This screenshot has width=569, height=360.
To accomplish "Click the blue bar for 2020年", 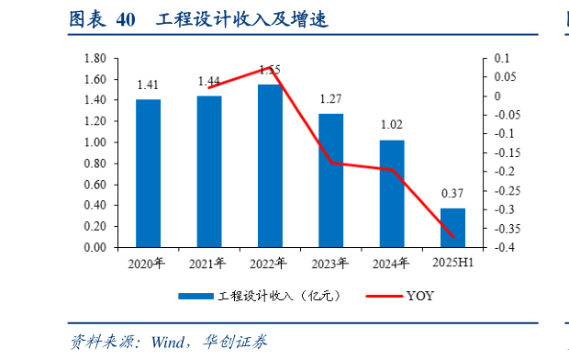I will [x=148, y=173].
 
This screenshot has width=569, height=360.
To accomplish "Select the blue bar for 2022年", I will [x=270, y=165].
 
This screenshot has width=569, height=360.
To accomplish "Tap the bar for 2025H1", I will [x=452, y=228].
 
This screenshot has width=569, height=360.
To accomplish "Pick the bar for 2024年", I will [x=392, y=194].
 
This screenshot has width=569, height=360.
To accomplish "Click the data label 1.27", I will [x=330, y=99].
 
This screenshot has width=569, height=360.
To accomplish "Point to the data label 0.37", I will [x=452, y=194].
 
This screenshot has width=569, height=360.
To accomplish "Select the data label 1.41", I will [x=148, y=84].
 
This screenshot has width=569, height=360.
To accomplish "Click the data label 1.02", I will [x=392, y=126].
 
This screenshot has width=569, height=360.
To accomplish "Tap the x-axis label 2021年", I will [x=208, y=264].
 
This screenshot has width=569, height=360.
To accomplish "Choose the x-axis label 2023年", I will [x=330, y=264].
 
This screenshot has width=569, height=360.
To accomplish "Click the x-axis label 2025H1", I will [x=452, y=264].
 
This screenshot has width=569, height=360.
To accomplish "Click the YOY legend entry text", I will [x=420, y=296].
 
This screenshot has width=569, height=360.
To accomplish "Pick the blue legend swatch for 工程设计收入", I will [x=195, y=296].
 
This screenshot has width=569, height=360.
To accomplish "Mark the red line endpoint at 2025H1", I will [x=452, y=237].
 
